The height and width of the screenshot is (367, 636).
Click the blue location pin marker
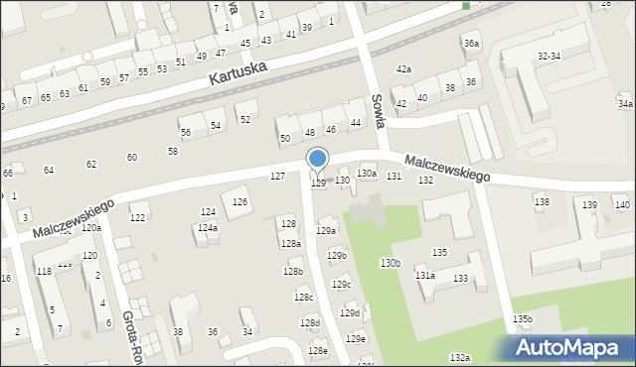tap(318, 160)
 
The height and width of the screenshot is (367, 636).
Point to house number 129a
tap(326, 230)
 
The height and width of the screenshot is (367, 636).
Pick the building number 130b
tap(390, 263)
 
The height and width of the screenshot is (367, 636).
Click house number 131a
tap(425, 275)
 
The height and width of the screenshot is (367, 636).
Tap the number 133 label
tap(460, 279)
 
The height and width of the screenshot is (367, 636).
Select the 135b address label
tap(523, 318)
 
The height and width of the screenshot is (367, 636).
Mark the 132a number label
tap(459, 357)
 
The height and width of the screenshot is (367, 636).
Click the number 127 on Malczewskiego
tap(278, 176)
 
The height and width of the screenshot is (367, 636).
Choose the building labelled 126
tap(239, 202)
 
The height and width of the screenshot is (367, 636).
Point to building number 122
tap(138, 217)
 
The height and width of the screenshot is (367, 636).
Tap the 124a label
tap(207, 228)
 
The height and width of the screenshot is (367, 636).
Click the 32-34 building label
tap(549, 57)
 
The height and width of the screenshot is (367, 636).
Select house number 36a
tap(471, 45)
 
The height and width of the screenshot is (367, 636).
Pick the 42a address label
tap(403, 69)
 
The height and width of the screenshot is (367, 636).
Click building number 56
tap(185, 132)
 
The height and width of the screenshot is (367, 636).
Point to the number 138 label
tap(542, 202)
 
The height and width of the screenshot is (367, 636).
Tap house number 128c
tap(303, 298)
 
